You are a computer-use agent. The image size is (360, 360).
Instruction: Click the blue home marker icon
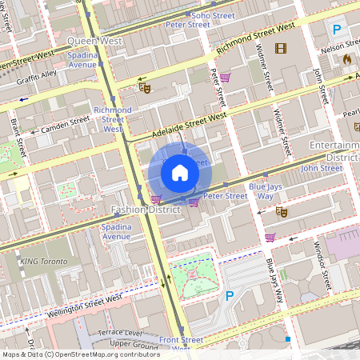tap(180, 173)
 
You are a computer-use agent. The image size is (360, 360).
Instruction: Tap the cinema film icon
tap(280, 49)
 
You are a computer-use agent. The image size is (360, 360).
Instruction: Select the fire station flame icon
tap(346, 59)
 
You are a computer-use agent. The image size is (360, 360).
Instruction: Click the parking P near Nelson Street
tap(336, 30)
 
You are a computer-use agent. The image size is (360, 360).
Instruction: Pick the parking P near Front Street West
tap(230, 296)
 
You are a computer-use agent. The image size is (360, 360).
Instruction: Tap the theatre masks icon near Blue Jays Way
tap(281, 212)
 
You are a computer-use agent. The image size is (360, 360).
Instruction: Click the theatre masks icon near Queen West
tap(145, 86)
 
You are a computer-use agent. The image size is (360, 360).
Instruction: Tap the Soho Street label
tap(211, 14)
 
